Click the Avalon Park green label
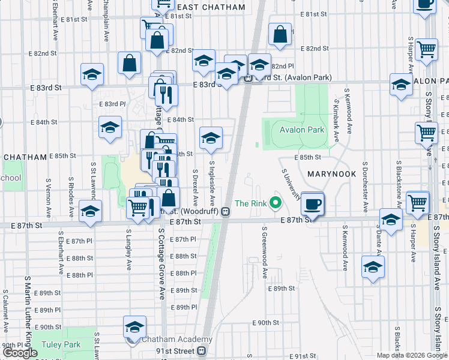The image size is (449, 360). click(x=302, y=130)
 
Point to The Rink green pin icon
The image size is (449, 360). click(x=276, y=203)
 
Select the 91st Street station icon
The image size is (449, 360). click(x=202, y=350)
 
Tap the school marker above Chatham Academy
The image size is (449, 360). click(x=134, y=327)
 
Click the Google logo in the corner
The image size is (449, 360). click(x=20, y=353)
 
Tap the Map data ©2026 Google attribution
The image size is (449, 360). click(x=412, y=355)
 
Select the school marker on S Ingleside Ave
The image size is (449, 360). click(x=211, y=139)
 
